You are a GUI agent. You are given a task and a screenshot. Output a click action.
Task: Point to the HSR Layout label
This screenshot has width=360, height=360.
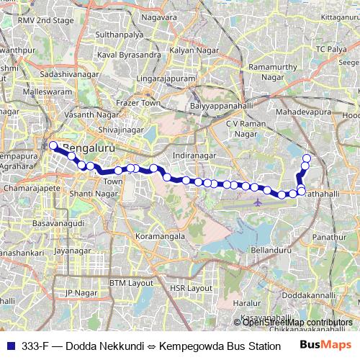pos(186,287)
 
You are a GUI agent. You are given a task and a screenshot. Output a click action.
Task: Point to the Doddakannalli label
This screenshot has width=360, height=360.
pos(307,295)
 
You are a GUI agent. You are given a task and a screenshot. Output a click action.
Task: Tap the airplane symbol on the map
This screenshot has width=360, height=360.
pos(258,202)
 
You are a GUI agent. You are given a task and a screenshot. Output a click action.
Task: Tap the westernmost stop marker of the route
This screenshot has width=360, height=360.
pos(53,145)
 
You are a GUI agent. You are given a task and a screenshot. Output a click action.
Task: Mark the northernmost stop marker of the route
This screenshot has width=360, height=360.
pos(307,158)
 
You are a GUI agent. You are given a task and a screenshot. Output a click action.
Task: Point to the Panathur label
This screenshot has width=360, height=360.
pos(330,235)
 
